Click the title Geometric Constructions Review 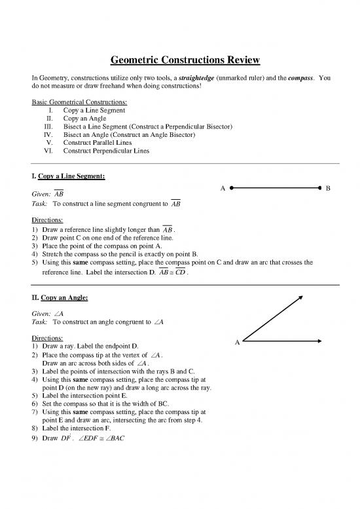click(x=180, y=61)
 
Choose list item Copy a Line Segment click(x=96, y=111)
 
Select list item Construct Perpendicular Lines click(x=105, y=151)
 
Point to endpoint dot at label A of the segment click(x=232, y=188)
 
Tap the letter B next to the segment click(x=328, y=189)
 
